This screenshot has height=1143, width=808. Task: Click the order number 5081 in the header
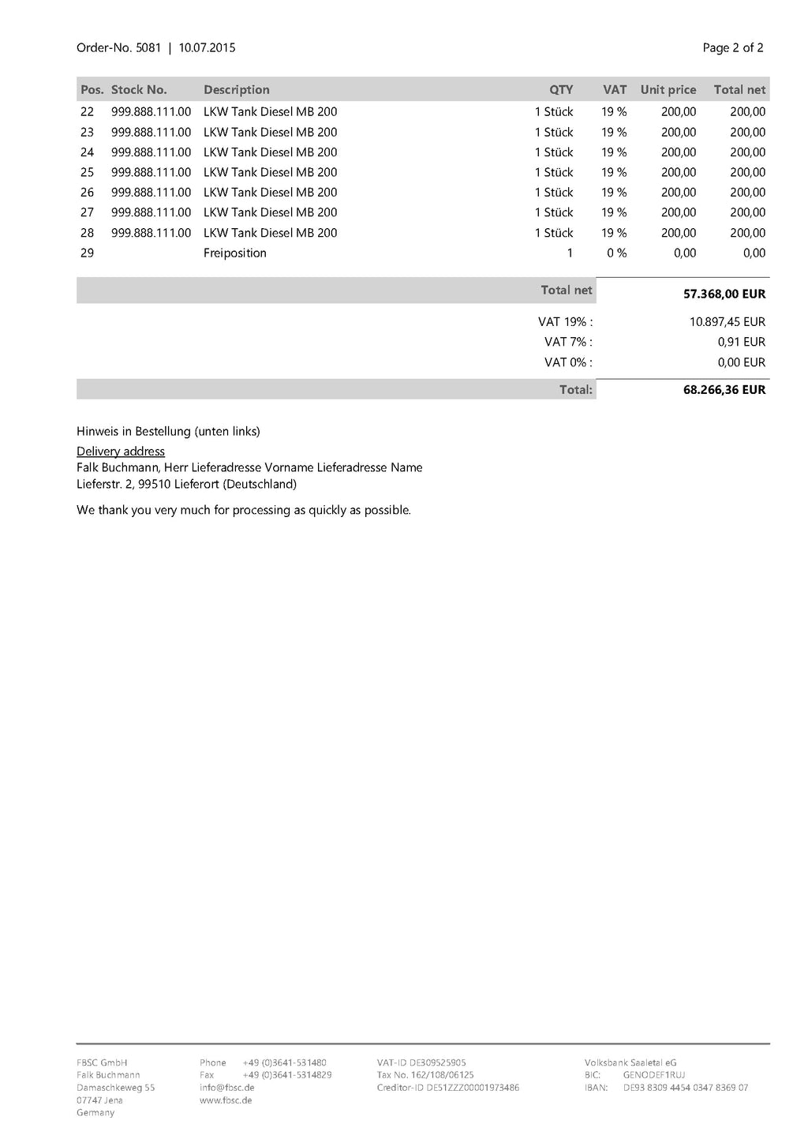(x=148, y=48)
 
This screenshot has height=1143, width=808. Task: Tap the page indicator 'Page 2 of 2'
(x=732, y=48)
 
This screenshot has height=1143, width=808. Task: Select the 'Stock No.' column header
(x=139, y=90)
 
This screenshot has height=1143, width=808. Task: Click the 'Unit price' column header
(x=668, y=90)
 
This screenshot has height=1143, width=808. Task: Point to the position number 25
(x=87, y=172)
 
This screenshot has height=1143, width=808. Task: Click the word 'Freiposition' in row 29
(x=234, y=253)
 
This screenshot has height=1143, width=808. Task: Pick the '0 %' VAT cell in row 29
(x=616, y=253)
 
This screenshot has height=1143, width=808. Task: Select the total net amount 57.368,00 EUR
(x=724, y=294)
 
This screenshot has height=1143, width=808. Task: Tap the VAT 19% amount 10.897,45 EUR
(x=727, y=322)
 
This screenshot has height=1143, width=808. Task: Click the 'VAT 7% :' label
(x=568, y=342)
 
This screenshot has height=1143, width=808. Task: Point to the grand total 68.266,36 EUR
(x=724, y=390)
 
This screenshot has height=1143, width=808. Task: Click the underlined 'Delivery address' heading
(x=121, y=452)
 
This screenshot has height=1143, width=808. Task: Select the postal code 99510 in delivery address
(x=155, y=484)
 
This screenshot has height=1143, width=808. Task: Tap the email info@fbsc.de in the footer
(x=226, y=1088)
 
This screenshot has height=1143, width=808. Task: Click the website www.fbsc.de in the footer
(x=226, y=1100)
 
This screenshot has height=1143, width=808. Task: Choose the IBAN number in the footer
(x=685, y=1088)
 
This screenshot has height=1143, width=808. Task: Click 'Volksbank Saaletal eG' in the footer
(x=630, y=1062)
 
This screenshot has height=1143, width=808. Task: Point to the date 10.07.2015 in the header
(x=207, y=48)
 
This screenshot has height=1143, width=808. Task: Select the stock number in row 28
(x=151, y=233)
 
